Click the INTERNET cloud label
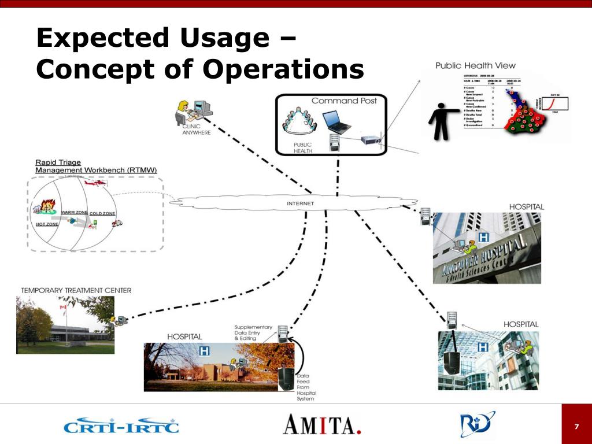301,203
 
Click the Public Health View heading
475,65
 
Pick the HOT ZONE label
47,224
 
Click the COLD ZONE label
102,213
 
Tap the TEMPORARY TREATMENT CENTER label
76,290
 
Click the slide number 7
576,427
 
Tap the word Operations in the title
283,69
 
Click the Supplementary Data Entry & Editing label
253,332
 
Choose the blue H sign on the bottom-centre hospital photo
205,351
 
